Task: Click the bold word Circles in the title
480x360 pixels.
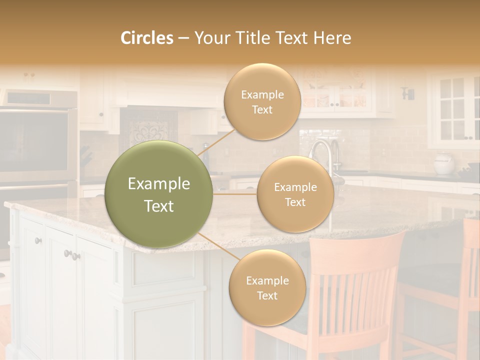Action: tap(146, 38)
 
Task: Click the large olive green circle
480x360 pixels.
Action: tap(159, 194)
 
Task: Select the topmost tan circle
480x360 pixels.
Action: tap(262, 101)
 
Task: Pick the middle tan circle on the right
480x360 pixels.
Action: tap(295, 194)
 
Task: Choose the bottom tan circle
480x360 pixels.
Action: tap(267, 288)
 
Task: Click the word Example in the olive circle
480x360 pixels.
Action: tap(159, 184)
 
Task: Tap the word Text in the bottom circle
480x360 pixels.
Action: tap(267, 295)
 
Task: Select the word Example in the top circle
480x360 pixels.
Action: tap(262, 94)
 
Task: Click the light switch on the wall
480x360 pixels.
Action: tap(408, 93)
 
